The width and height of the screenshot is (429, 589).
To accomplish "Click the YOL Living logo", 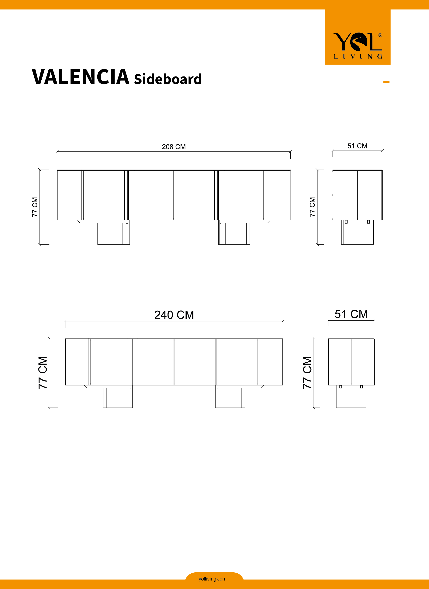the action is point(358,46).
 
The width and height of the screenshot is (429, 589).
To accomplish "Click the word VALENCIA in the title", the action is point(81,77).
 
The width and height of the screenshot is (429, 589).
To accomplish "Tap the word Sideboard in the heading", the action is point(168,79).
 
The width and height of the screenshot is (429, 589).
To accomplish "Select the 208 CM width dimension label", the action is point(174,147).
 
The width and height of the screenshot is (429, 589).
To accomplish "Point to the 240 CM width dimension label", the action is point(174,315).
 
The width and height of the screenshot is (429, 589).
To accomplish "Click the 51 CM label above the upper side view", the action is point(357,146).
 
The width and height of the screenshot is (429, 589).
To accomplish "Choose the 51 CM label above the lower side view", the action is point(351,314).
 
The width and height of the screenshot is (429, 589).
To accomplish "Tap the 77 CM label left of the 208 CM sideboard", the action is point(35,207).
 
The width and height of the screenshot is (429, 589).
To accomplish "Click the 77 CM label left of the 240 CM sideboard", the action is point(43,373).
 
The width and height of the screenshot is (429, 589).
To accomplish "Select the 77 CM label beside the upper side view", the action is point(312,207).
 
